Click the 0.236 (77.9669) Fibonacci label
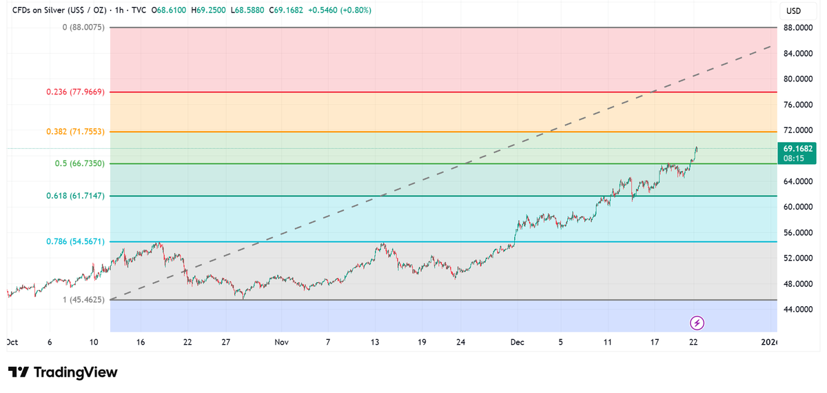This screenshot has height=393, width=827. pos(76,92)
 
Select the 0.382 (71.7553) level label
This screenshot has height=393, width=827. pos(76,131)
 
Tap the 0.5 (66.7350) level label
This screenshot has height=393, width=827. pos(79,163)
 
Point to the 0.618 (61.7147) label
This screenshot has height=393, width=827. pos(76,196)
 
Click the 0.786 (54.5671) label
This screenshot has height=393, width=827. pos(76,241)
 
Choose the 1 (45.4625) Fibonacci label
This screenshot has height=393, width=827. pos(84,300)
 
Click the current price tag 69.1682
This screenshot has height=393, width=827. pos(797,148)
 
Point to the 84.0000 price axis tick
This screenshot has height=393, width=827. pos(797,53)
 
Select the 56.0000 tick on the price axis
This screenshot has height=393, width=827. pos(797,232)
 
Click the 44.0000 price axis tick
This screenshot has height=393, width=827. pos(797,310)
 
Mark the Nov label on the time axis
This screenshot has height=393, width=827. pos(280,342)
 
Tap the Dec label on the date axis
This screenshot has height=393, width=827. pos(515,342)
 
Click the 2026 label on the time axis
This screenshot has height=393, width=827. pos(769,342)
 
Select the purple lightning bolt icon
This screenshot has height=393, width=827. pos(697,322)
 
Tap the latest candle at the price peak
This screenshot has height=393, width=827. pos(697,148)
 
